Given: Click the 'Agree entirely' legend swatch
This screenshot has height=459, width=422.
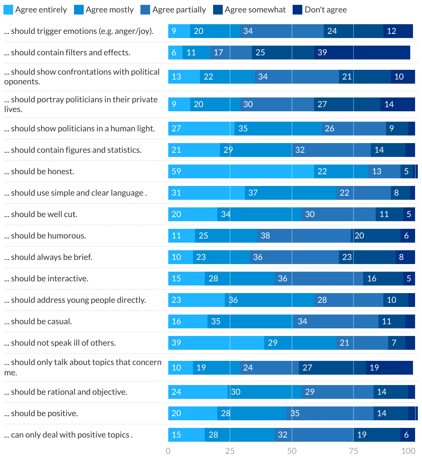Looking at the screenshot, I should click(x=8, y=10).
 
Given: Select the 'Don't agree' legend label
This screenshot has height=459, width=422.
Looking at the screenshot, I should click(x=325, y=10).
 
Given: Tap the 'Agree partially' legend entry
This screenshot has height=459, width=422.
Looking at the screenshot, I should click(x=179, y=10).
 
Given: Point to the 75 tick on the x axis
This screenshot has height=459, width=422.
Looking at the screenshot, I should click(x=354, y=451).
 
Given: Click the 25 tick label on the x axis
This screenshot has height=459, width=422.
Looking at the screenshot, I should click(x=230, y=451).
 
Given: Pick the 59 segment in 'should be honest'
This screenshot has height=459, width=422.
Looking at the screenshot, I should click(x=241, y=171).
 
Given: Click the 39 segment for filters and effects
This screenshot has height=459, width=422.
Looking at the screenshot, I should click(x=362, y=53).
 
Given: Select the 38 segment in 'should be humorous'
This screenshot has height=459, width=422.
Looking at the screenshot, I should click(x=304, y=236).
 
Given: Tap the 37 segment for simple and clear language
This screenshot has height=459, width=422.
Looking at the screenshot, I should click(x=291, y=193).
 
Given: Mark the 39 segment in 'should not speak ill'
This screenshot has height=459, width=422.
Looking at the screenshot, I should click(x=216, y=343).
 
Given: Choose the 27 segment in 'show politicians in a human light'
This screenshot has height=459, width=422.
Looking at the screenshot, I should click(x=201, y=129).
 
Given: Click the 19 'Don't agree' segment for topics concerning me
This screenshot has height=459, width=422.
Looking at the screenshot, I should click(x=389, y=368).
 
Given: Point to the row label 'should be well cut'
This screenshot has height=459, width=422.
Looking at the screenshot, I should click(x=41, y=214).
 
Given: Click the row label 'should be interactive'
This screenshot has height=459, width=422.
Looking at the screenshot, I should click(x=46, y=279).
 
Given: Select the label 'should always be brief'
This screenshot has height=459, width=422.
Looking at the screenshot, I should click(x=48, y=257).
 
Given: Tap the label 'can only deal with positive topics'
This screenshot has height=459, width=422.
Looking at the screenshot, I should click(x=68, y=435).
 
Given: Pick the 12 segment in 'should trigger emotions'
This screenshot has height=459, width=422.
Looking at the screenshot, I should click(x=398, y=31).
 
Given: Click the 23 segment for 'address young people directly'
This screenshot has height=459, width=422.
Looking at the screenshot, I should click(x=196, y=300).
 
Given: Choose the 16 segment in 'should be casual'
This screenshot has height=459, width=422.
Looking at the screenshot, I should click(x=188, y=321).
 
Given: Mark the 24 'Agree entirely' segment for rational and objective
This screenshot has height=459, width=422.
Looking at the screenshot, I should click(x=198, y=392).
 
